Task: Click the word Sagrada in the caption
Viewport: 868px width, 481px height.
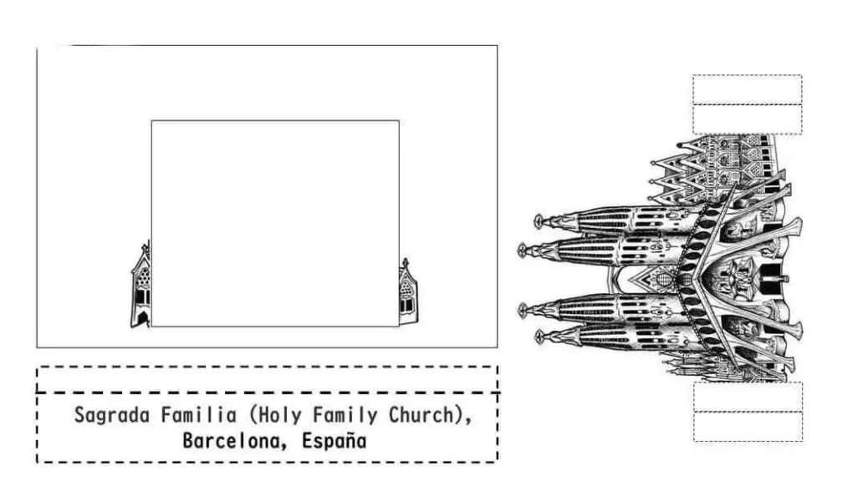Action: pyautogui.click(x=112, y=415)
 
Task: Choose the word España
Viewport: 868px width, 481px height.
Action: pyautogui.click(x=334, y=441)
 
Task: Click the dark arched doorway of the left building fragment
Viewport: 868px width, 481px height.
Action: pyautogui.click(x=143, y=318)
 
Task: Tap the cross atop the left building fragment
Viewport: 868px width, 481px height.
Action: pyautogui.click(x=146, y=247)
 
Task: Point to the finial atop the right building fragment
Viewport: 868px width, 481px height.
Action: pyautogui.click(x=406, y=262)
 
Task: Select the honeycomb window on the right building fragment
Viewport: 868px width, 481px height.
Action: pyautogui.click(x=406, y=287)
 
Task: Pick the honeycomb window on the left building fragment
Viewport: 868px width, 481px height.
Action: pyautogui.click(x=143, y=277)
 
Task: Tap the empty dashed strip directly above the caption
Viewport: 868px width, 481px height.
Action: pyautogui.click(x=267, y=379)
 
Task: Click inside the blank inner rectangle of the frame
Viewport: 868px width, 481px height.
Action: pyautogui.click(x=275, y=223)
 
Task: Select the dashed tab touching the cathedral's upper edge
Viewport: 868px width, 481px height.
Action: pyautogui.click(x=748, y=119)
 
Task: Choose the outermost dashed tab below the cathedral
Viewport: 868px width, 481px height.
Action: pyautogui.click(x=748, y=426)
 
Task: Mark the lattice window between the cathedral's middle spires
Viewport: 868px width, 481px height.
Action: pyautogui.click(x=664, y=276)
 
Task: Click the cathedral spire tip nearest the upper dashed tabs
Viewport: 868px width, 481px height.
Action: pyautogui.click(x=679, y=145)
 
